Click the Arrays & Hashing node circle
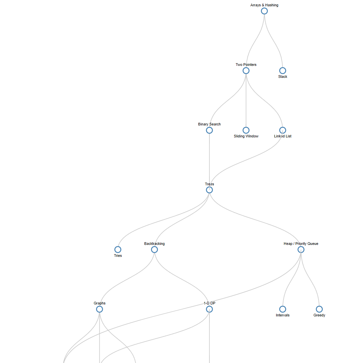(264, 11)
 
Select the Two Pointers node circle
(246, 71)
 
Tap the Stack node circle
(283, 71)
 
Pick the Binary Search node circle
(209, 130)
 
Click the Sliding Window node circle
(246, 130)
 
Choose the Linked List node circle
(283, 130)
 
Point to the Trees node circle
(209, 190)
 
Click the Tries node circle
(118, 250)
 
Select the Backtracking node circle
(154, 250)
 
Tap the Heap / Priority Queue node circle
(301, 250)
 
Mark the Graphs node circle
(99, 309)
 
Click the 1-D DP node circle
(209, 309)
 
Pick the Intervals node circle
(283, 309)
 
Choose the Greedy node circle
(319, 309)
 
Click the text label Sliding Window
(246, 136)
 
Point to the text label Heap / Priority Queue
(301, 244)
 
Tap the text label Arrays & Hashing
(264, 5)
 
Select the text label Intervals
(283, 315)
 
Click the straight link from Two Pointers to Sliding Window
(246, 100)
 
